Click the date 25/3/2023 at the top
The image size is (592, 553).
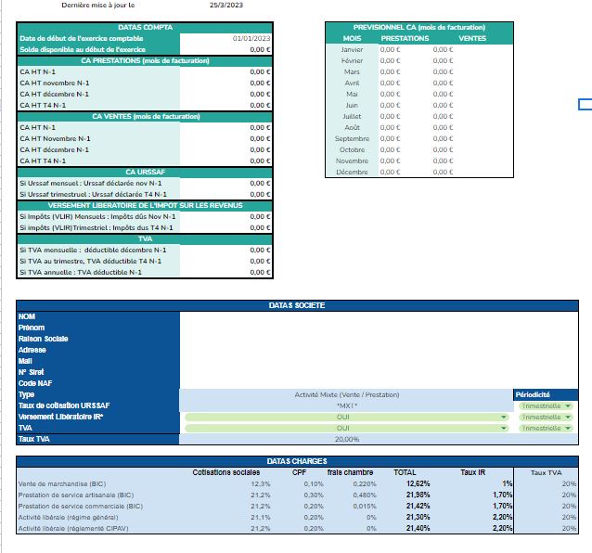(x=227, y=5)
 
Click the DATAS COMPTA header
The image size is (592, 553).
(x=145, y=27)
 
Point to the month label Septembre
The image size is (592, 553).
(x=352, y=138)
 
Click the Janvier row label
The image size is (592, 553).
(x=352, y=49)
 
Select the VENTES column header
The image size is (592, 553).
(x=472, y=38)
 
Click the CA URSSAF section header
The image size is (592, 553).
(x=145, y=172)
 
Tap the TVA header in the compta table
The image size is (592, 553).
(x=145, y=238)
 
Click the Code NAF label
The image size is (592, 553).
(x=34, y=383)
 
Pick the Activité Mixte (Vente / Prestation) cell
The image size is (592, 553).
(x=347, y=394)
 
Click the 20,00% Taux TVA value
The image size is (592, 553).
(x=347, y=439)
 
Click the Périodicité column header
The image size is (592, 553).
(x=538, y=394)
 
